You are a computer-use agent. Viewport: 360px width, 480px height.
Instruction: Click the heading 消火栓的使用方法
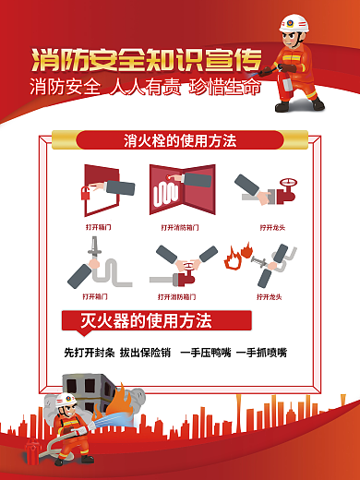coord(180,141)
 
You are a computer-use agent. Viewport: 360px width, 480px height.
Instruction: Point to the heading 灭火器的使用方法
coord(147,321)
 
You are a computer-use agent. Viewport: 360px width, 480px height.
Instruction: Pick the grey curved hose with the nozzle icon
coord(102,264)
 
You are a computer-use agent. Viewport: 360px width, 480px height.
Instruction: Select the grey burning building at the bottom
coord(93,396)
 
